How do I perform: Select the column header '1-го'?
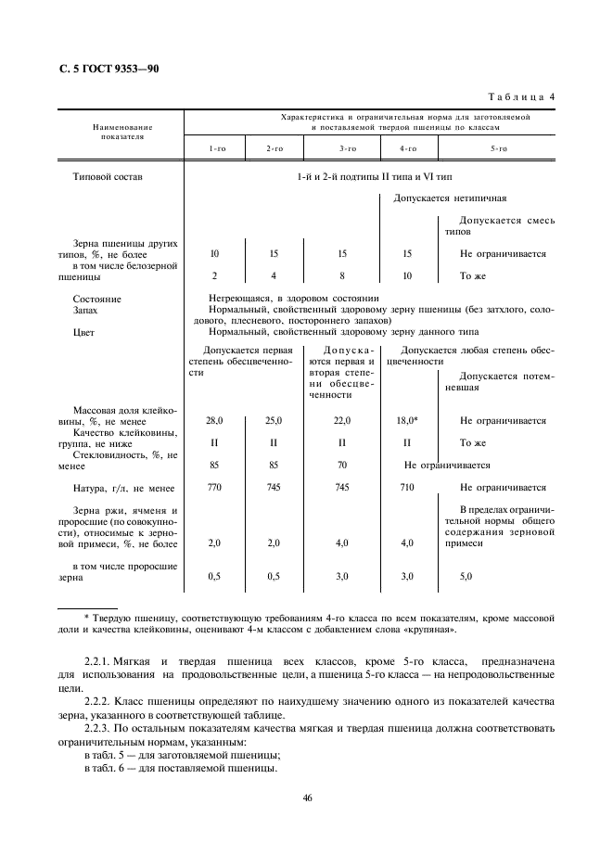pyautogui.click(x=215, y=148)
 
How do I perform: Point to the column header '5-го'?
pyautogui.click(x=498, y=148)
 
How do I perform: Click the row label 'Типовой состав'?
pyautogui.click(x=107, y=176)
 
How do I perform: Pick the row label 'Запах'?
pyautogui.click(x=84, y=311)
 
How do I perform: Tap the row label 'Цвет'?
pyautogui.click(x=83, y=331)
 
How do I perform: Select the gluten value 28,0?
pyautogui.click(x=214, y=420)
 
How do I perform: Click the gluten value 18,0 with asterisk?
pyautogui.click(x=407, y=420)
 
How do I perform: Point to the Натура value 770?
pyautogui.click(x=214, y=487)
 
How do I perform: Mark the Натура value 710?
pyautogui.click(x=407, y=487)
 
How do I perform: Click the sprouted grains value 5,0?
pyautogui.click(x=466, y=576)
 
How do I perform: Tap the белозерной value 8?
pyautogui.click(x=342, y=275)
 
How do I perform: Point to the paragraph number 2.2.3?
pyautogui.click(x=98, y=728)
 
